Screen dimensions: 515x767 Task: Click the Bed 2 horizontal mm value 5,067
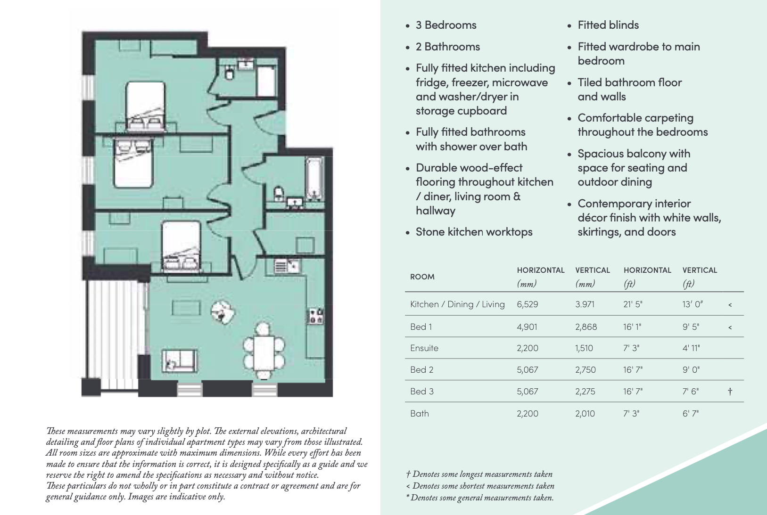point(527,370)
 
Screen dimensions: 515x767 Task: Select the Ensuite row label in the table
point(424,348)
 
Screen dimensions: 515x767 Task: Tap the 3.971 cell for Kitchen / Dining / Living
point(585,304)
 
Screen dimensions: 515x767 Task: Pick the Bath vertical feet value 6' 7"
point(691,414)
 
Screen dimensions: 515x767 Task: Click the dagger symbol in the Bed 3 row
point(730,392)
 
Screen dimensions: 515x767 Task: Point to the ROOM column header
point(422,277)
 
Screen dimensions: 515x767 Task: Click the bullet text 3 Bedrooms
point(445,25)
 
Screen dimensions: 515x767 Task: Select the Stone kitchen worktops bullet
point(474,232)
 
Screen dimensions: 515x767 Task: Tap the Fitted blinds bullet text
point(608,25)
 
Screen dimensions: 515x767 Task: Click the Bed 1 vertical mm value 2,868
point(586,327)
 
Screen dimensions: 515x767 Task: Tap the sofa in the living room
point(180,361)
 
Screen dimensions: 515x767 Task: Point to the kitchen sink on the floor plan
point(287,267)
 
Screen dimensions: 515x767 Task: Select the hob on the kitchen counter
point(315,317)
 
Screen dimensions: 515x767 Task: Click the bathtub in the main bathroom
point(314,179)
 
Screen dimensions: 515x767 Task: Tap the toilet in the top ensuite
point(230,73)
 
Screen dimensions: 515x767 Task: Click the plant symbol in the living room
point(222,311)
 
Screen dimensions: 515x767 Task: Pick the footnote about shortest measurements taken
point(480,486)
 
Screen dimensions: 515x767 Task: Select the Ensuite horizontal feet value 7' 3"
point(631,348)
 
